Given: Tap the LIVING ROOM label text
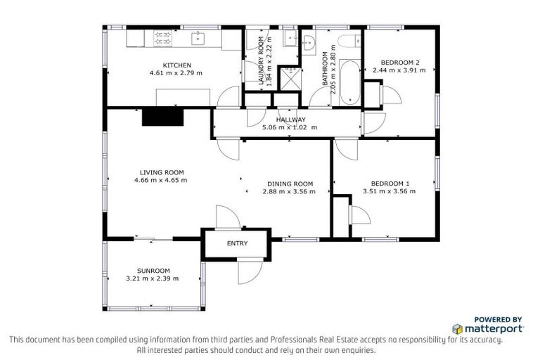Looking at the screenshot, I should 161,172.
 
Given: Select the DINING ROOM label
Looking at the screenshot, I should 288,184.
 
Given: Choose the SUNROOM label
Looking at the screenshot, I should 153,271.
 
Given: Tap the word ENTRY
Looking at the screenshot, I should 236,244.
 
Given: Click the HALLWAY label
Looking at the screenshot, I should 290,120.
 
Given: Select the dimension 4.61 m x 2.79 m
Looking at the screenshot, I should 175,72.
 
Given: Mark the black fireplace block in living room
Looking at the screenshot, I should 162,117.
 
